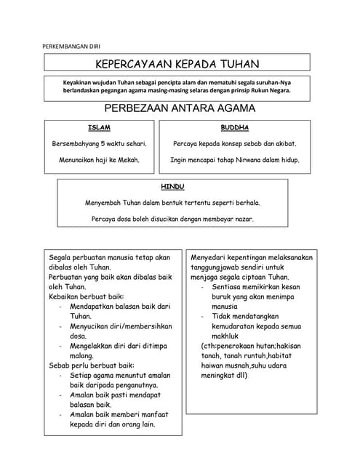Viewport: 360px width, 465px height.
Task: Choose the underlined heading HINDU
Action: (x=172, y=187)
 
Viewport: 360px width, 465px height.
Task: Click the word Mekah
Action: (x=127, y=159)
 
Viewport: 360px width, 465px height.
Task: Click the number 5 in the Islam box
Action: (x=103, y=144)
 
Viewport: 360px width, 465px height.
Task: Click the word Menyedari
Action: (x=212, y=257)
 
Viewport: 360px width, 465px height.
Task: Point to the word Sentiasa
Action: (x=227, y=287)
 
